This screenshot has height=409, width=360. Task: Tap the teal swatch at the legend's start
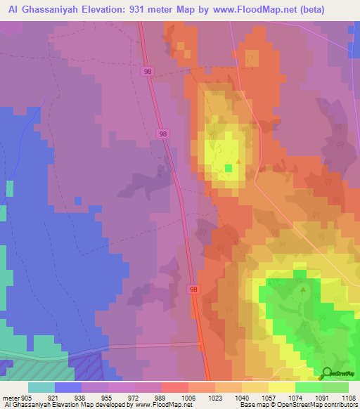(x=41, y=387)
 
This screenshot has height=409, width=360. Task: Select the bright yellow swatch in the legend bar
(x=282, y=387)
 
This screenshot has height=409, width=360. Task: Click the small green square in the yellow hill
(x=228, y=168)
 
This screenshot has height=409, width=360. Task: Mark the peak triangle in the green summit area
(x=302, y=289)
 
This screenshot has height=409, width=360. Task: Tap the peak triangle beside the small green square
(x=238, y=162)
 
